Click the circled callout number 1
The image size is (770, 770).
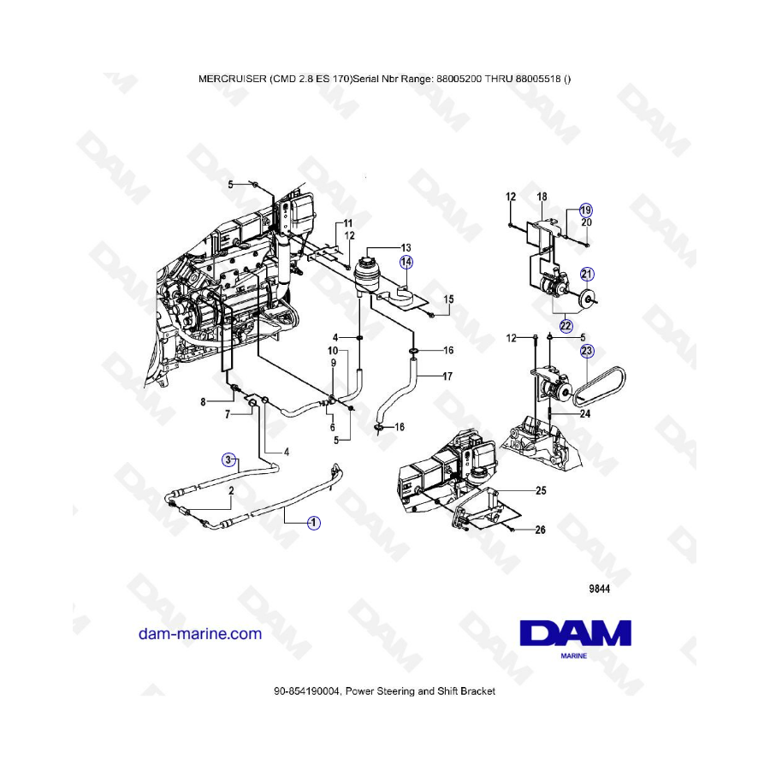click(314, 523)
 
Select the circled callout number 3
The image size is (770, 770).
click(228, 459)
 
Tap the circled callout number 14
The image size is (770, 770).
click(406, 263)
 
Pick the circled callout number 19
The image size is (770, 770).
click(585, 210)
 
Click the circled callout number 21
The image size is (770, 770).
click(587, 274)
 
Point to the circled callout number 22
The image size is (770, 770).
click(566, 326)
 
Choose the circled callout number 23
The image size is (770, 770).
click(587, 351)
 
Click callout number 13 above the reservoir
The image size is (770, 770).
click(406, 247)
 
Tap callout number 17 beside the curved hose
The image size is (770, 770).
click(447, 376)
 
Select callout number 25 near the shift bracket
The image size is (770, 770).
click(541, 490)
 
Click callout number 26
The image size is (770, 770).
click(540, 530)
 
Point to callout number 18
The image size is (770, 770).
click(542, 197)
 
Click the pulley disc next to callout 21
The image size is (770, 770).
click(585, 298)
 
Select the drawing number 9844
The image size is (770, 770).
click(600, 589)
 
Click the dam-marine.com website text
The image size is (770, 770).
click(200, 633)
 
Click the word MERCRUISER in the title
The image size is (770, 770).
click(232, 79)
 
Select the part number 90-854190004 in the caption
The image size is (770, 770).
click(306, 691)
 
